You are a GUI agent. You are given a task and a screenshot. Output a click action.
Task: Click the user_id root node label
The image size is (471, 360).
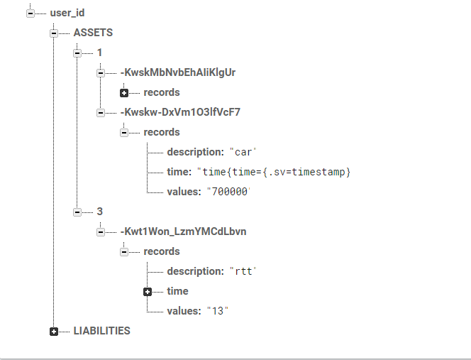pyautogui.click(x=67, y=13)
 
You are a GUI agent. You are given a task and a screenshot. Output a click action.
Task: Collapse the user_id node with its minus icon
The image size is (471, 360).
pyautogui.click(x=30, y=13)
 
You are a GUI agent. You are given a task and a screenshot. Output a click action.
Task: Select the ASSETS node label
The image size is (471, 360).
pyautogui.click(x=93, y=33)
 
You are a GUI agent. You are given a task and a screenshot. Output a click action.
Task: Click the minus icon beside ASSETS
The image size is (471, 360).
pyautogui.click(x=54, y=33)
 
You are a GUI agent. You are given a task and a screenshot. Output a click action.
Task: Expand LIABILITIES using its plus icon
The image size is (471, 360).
pyautogui.click(x=54, y=331)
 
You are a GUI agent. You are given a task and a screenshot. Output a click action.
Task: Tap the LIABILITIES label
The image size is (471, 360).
pyautogui.click(x=101, y=331)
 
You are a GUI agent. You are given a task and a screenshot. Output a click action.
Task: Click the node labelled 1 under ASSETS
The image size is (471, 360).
pyautogui.click(x=99, y=53)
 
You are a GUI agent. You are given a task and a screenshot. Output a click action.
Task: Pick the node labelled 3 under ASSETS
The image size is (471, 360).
pyautogui.click(x=99, y=212)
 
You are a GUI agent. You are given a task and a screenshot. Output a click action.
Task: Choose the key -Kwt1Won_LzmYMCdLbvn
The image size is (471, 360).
pyautogui.click(x=183, y=231)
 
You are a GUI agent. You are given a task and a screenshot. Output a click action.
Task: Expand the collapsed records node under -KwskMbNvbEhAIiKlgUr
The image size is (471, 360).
pyautogui.click(x=124, y=92)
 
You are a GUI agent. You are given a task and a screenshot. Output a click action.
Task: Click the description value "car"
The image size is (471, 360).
pyautogui.click(x=242, y=152)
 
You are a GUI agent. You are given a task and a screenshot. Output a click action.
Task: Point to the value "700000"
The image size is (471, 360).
pyautogui.click(x=230, y=192)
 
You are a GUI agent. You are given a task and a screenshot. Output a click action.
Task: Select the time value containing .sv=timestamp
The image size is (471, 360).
pyautogui.click(x=274, y=172)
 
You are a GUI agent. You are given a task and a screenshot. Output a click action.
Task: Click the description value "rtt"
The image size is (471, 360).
pyautogui.click(x=242, y=271)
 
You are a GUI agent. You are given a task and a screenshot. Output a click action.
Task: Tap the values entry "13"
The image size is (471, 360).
pyautogui.click(x=218, y=311)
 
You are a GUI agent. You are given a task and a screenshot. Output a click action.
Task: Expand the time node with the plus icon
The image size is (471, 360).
pyautogui.click(x=148, y=291)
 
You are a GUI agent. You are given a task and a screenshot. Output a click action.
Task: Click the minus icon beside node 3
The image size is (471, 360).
pyautogui.click(x=77, y=212)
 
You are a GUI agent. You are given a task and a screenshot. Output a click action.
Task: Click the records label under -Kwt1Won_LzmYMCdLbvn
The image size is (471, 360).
pyautogui.click(x=162, y=251)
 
